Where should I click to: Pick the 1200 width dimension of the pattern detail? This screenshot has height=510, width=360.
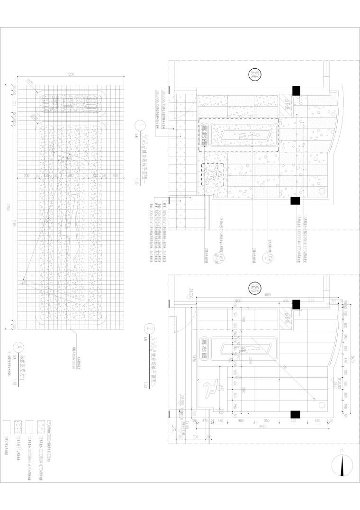tap(71, 75)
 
